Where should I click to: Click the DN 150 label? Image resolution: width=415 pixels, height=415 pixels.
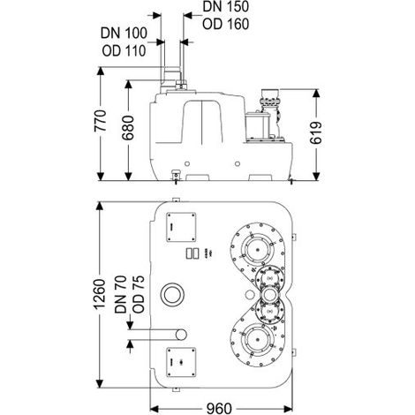tap(226, 7)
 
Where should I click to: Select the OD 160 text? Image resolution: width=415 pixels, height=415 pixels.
tap(226, 24)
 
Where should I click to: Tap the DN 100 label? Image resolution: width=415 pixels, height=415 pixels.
tap(124, 33)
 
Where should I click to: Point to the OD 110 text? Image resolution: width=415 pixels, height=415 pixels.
tap(124, 50)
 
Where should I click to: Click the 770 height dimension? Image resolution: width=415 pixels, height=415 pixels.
tap(101, 121)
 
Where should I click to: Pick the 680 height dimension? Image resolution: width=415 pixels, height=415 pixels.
tap(128, 127)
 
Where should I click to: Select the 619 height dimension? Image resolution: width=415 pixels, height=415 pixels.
tap(316, 133)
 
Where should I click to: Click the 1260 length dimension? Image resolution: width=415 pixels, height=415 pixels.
tap(101, 294)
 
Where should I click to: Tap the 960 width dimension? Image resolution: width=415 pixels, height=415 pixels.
tap(219, 409)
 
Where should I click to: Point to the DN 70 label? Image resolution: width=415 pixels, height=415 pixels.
tap(121, 294)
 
